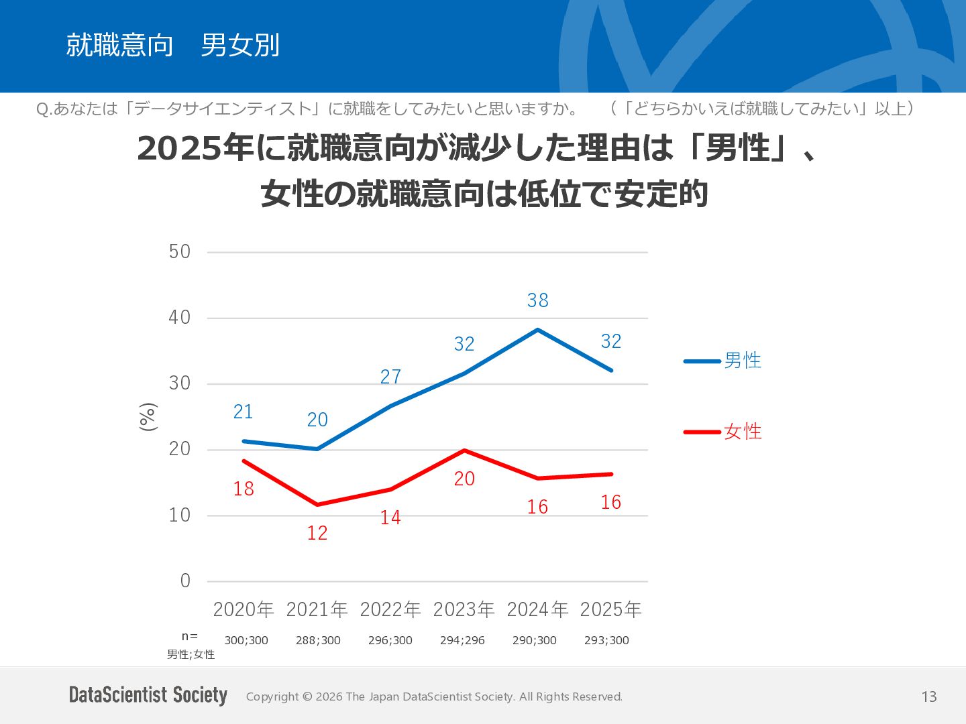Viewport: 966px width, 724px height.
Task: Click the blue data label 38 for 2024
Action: pos(537,301)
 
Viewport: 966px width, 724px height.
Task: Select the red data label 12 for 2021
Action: pos(317,533)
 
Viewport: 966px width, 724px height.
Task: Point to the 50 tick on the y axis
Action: pos(180,252)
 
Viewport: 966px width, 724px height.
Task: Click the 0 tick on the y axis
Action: pos(185,581)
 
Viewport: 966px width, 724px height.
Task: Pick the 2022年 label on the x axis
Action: pos(390,610)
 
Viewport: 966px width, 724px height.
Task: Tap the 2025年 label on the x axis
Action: pos(610,610)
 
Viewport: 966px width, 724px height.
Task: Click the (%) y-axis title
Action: pos(148,417)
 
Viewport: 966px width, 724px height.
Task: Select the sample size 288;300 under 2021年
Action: pos(318,640)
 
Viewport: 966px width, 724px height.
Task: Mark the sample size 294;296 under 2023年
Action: pos(462,640)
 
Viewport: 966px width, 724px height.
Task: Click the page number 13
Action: pos(929,697)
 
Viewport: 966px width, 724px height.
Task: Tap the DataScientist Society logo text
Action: pos(148,695)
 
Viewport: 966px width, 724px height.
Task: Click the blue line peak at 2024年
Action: pos(538,329)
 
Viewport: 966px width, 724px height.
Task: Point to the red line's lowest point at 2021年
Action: pos(317,504)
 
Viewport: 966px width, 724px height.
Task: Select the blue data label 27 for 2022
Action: pos(390,377)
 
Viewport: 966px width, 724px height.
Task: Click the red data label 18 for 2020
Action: pos(244,489)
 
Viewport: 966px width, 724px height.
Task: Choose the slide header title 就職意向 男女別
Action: pos(172,45)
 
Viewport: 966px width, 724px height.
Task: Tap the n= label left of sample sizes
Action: pos(190,636)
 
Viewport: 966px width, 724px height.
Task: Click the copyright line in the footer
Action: pos(434,697)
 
